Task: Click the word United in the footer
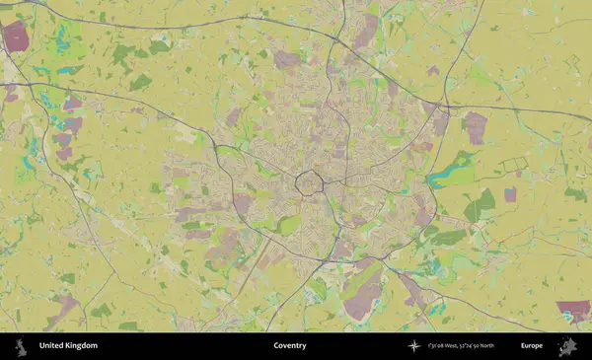point(50,346)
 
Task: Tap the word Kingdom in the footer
point(81,346)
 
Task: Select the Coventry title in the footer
point(290,346)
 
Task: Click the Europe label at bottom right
point(532,346)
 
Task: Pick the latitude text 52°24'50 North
point(485,346)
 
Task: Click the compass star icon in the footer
point(413,346)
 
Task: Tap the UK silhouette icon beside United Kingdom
point(19,346)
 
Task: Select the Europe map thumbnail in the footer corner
point(567,346)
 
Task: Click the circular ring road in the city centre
point(311,182)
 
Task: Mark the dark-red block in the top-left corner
point(16,36)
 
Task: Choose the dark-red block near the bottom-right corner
point(572,311)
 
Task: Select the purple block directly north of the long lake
point(476,126)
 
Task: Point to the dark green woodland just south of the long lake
point(481,205)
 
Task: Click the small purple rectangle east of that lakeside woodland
point(510,194)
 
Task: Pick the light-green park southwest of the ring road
point(287,224)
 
